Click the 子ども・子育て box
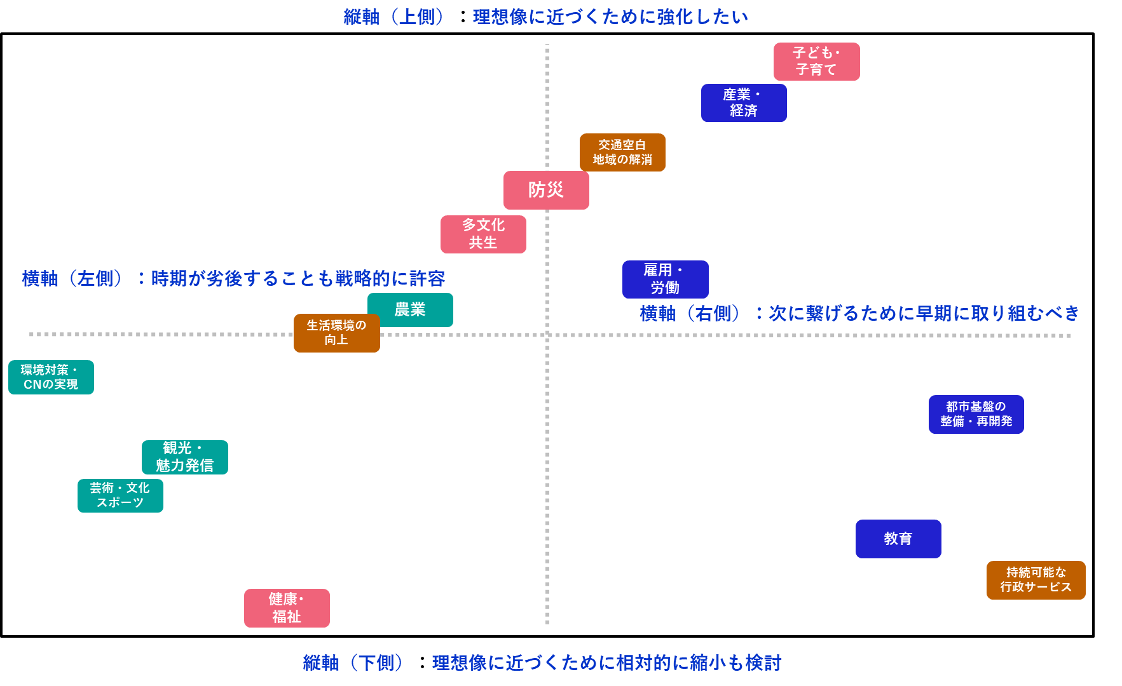pos(816,62)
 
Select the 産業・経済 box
pos(744,103)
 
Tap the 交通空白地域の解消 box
pos(622,152)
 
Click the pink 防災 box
pos(546,190)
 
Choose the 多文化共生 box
pos(483,234)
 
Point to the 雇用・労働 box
pos(665,279)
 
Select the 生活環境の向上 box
pos(336,333)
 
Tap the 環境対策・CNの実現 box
pos(51,377)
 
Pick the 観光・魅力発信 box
pos(184,457)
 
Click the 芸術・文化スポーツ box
pos(120,495)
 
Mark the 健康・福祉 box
pos(287,608)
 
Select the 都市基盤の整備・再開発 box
pos(976,414)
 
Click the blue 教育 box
pos(898,539)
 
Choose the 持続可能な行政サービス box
pos(1036,580)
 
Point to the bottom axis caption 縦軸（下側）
pos(353,662)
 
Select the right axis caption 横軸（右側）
pos(690,313)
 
